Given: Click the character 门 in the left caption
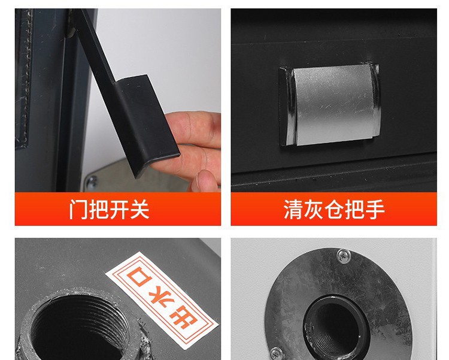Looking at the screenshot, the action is [x=78, y=209].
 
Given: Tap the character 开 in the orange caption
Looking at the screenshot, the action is [x=119, y=209].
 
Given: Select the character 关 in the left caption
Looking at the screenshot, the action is [x=139, y=209].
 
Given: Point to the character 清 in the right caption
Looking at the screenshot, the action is [x=293, y=210].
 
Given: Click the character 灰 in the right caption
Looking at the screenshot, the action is [x=314, y=210].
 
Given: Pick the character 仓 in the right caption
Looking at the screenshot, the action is [x=334, y=210].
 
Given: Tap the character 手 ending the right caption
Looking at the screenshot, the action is [x=375, y=210].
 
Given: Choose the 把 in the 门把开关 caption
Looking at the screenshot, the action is [x=99, y=209].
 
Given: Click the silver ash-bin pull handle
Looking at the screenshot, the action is [x=330, y=105].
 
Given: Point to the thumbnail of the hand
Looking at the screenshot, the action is [x=205, y=180].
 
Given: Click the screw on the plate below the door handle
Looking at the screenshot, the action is [x=92, y=181].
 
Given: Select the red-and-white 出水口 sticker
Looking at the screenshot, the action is [x=162, y=300].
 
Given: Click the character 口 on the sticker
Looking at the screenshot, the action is [x=139, y=276].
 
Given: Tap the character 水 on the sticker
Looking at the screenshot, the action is [x=161, y=298].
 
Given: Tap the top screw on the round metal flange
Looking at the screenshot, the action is [x=343, y=255].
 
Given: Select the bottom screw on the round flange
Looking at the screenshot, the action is [x=276, y=354].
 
